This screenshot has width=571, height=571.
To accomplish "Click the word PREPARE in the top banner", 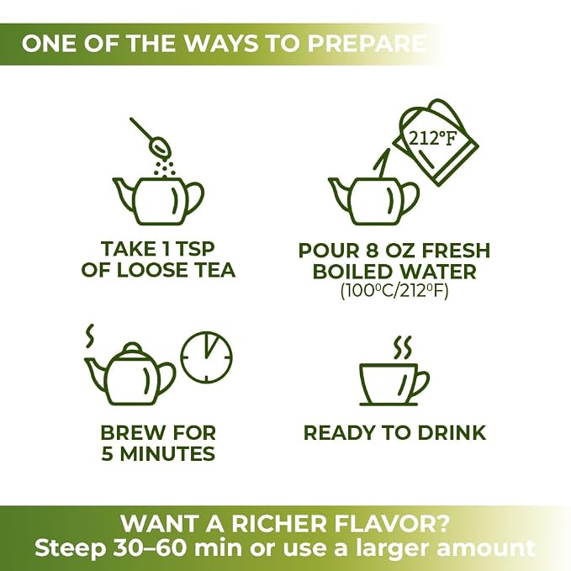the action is pyautogui.click(x=367, y=44).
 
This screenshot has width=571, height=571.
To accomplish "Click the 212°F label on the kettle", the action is pyautogui.click(x=432, y=139).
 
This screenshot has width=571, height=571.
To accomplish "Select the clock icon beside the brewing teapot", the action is pyautogui.click(x=207, y=357).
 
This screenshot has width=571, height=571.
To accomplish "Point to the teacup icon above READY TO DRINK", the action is pyautogui.click(x=394, y=384).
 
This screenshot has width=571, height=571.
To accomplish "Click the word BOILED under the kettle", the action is pyautogui.click(x=349, y=272).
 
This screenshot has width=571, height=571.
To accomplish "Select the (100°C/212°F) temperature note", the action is pyautogui.click(x=394, y=291).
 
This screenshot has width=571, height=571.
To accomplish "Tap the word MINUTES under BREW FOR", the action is pyautogui.click(x=167, y=454).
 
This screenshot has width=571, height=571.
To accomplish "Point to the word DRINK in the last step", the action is pyautogui.click(x=452, y=433).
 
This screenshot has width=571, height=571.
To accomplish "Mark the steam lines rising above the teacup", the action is pyautogui.click(x=403, y=348).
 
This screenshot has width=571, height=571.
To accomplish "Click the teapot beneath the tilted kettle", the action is pyautogui.click(x=374, y=201).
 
